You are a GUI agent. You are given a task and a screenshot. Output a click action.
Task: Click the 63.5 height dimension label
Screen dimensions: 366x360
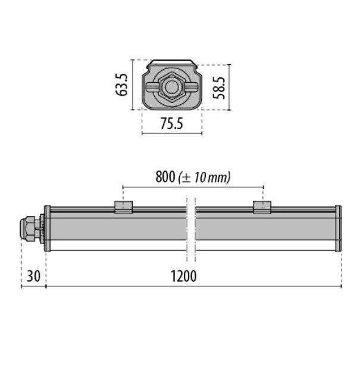[123, 85]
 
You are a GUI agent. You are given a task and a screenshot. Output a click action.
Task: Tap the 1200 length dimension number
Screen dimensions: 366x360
[184, 276]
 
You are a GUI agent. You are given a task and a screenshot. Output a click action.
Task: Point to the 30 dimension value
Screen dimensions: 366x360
[33, 276]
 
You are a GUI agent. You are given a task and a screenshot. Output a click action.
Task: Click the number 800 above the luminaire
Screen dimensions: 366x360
[164, 177]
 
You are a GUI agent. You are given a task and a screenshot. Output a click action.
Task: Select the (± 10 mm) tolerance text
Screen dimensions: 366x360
[204, 177]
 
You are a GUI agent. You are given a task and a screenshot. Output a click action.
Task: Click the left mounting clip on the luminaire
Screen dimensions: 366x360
[123, 207]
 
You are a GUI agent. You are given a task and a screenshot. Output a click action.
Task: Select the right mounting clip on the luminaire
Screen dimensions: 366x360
[262, 207]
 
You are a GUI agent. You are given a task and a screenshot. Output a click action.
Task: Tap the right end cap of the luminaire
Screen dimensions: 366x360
[339, 229]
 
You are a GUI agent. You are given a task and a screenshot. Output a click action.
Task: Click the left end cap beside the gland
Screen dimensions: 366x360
[47, 229]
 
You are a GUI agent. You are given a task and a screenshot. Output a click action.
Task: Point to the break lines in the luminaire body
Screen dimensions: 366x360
[190, 229]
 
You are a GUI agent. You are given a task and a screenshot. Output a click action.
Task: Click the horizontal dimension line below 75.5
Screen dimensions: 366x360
[172, 133]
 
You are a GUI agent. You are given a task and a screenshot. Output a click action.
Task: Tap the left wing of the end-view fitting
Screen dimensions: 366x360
[154, 87]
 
